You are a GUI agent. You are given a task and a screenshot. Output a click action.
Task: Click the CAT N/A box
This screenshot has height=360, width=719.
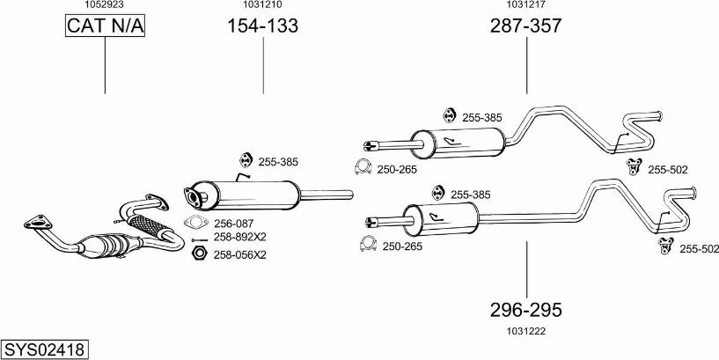point(105,27)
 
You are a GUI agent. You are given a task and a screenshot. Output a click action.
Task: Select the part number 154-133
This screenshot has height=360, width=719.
point(263,26)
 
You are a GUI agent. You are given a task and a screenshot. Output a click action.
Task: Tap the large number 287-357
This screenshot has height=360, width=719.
point(525,26)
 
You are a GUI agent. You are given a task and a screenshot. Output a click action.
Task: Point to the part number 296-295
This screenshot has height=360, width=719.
point(525,310)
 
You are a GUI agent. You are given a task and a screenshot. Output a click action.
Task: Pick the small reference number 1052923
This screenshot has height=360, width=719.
point(104,4)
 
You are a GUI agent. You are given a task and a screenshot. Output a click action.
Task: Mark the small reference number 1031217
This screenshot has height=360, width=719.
point(525,4)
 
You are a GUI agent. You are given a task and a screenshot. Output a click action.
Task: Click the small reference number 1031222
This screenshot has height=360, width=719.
point(526,330)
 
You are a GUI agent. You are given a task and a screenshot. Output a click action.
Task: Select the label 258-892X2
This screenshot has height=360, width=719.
point(238,238)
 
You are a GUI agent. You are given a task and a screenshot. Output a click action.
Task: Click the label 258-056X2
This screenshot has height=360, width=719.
point(238,254)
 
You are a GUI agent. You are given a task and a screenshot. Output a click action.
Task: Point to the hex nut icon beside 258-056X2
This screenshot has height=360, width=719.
point(198,253)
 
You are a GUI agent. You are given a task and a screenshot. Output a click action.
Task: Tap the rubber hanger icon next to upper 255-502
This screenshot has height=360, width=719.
point(633,166)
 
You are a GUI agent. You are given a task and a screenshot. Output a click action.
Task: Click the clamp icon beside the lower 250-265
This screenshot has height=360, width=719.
point(366,245)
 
